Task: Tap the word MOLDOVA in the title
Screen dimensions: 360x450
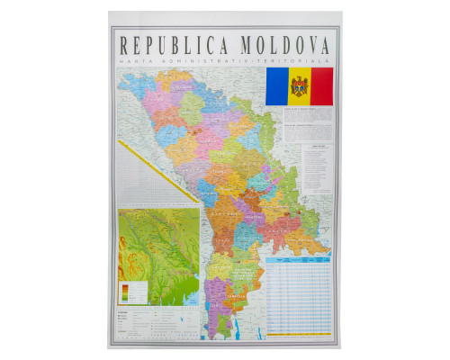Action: (x=283, y=43)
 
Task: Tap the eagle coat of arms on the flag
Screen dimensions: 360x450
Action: (x=299, y=85)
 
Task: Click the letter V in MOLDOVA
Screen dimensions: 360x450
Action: (x=306, y=43)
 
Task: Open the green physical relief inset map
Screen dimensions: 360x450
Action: (x=158, y=243)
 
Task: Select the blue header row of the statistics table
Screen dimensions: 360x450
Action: (x=298, y=257)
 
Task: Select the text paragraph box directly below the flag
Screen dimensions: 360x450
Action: (x=297, y=115)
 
